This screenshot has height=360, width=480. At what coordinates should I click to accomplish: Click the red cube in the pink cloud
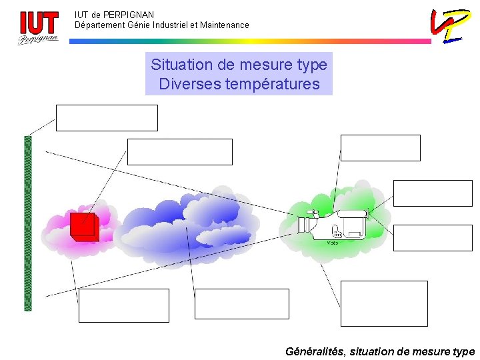[84, 227]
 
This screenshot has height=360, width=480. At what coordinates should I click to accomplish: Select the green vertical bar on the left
[28, 223]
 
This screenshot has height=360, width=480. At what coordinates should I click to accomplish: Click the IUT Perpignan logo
[38, 27]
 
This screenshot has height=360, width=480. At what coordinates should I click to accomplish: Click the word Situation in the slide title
[179, 65]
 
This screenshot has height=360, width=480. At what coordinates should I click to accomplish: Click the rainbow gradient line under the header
[250, 41]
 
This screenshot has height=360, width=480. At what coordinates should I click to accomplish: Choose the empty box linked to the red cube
[179, 152]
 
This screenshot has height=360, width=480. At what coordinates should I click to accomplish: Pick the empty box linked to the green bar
[107, 118]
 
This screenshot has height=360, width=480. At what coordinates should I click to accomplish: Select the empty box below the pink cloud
[123, 305]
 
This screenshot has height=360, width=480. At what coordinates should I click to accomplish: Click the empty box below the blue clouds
[241, 304]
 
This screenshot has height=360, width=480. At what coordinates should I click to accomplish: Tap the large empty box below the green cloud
[383, 303]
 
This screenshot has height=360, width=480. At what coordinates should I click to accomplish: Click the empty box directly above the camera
[380, 148]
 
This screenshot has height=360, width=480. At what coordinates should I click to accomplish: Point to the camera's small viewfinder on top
[312, 212]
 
